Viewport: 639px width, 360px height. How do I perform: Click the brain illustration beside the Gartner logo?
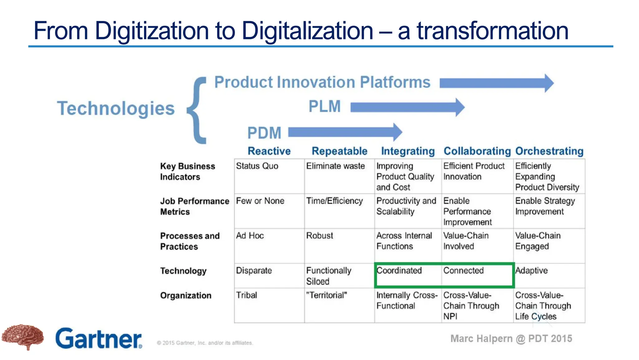tap(22, 337)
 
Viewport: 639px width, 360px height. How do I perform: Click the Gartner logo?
tap(99, 338)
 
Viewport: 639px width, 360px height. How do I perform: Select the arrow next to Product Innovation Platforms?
tap(496, 83)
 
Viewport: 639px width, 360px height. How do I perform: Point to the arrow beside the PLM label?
tap(407, 107)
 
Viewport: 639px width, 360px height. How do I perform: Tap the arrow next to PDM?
tap(345, 132)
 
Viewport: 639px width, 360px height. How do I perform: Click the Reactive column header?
tap(269, 151)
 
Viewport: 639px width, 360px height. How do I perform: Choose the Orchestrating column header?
tap(549, 151)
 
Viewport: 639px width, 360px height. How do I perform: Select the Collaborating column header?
tap(477, 151)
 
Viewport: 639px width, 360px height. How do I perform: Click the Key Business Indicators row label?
tap(188, 172)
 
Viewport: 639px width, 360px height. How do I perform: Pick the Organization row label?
tap(186, 296)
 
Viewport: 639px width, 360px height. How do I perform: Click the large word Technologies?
tap(116, 108)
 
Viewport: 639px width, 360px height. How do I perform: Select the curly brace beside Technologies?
tap(197, 110)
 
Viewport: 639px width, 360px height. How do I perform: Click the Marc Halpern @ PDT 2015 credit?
tap(511, 339)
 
